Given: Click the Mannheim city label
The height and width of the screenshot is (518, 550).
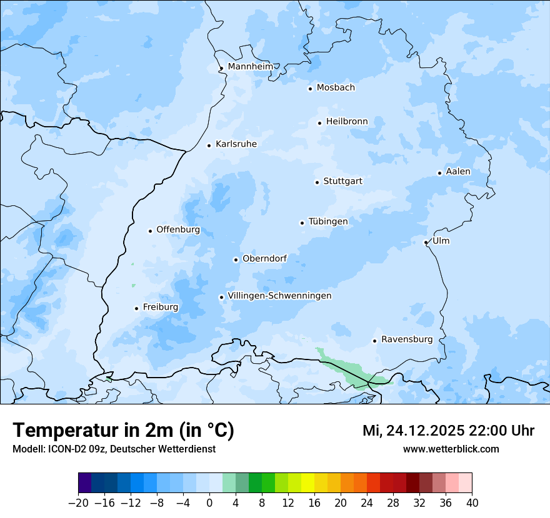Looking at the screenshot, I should tap(250, 66).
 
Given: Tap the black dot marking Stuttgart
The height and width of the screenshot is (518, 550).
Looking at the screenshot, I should tap(317, 182).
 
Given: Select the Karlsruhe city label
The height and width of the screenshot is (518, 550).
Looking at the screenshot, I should tap(236, 144).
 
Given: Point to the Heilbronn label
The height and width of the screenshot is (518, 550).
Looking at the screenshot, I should tap(347, 122).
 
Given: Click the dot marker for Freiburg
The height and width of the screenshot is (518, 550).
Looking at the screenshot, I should tap(136, 308).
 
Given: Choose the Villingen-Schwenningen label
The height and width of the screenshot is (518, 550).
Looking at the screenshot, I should tap(279, 296).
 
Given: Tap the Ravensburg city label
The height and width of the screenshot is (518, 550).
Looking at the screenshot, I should tap(407, 340).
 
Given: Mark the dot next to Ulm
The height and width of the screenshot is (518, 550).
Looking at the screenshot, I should tap(426, 242).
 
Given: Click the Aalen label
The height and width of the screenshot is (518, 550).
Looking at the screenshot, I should tap(458, 172).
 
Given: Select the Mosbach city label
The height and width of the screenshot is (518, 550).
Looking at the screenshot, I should tap(336, 88).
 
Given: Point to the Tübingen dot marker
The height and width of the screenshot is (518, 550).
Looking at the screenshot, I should tap(302, 223).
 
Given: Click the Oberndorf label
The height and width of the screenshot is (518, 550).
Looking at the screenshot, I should tap(264, 258).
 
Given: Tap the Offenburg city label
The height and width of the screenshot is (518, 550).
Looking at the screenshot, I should tap(178, 230).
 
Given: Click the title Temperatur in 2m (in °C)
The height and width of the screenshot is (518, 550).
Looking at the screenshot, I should tap(123, 430).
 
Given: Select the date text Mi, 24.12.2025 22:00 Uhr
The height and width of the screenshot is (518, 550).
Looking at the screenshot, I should tap(448, 431).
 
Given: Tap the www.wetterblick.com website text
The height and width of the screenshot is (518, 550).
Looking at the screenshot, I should tap(451, 449).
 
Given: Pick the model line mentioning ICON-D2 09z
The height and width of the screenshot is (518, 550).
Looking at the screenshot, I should tap(114, 449).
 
